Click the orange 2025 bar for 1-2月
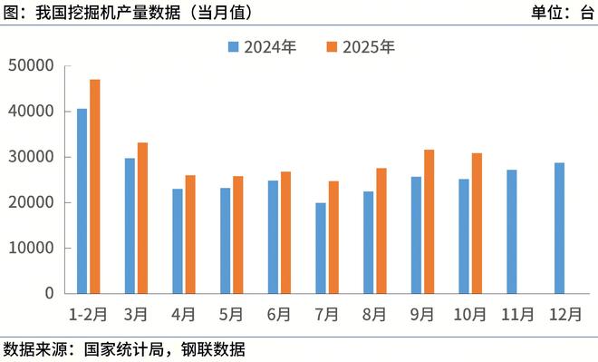[95, 186]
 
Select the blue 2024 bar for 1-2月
[82, 201]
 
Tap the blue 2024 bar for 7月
[321, 248]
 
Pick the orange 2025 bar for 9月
[429, 221]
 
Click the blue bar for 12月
[559, 228]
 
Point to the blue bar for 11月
[512, 231]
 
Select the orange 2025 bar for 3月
[142, 218]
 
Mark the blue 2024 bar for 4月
[178, 240]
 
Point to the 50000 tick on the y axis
[31, 65]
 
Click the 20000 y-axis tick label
[31, 202]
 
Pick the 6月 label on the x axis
[279, 315]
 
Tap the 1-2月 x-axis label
[88, 315]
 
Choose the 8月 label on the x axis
[374, 315]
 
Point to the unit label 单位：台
[562, 13]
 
